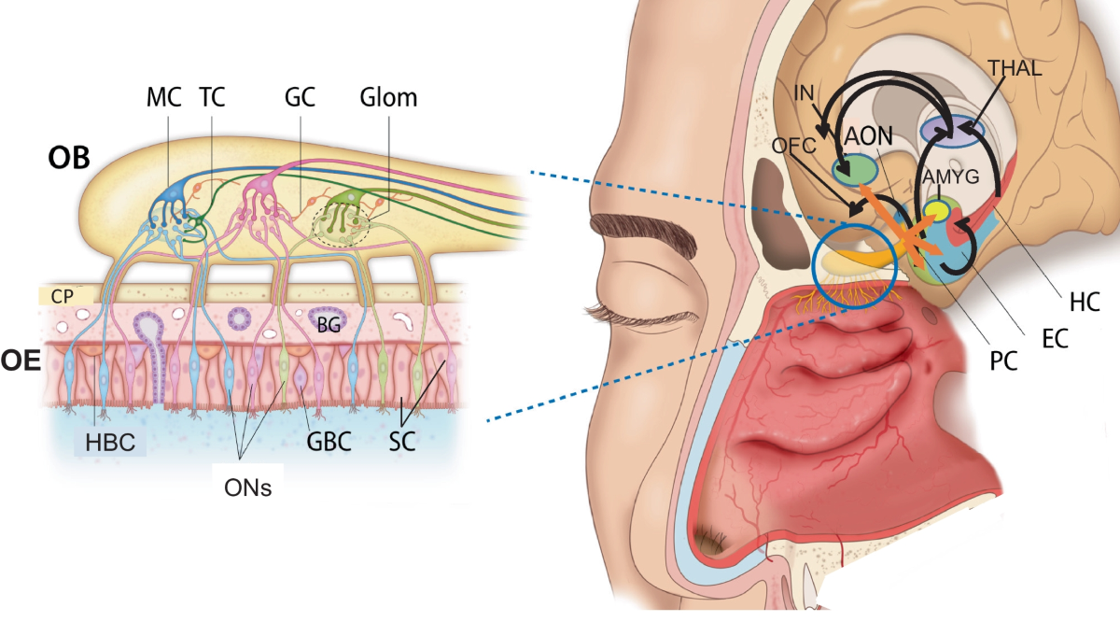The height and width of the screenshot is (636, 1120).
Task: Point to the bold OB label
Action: click(68, 157)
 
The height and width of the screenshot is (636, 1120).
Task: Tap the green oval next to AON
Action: click(854, 169)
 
